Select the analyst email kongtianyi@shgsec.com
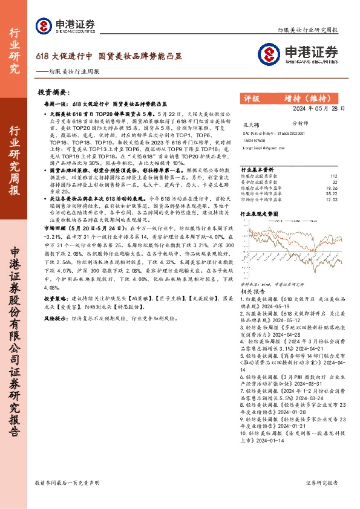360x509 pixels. (263, 147)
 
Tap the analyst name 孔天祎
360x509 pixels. (249, 123)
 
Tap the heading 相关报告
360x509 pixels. (250, 291)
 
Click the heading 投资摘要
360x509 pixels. (53, 92)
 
